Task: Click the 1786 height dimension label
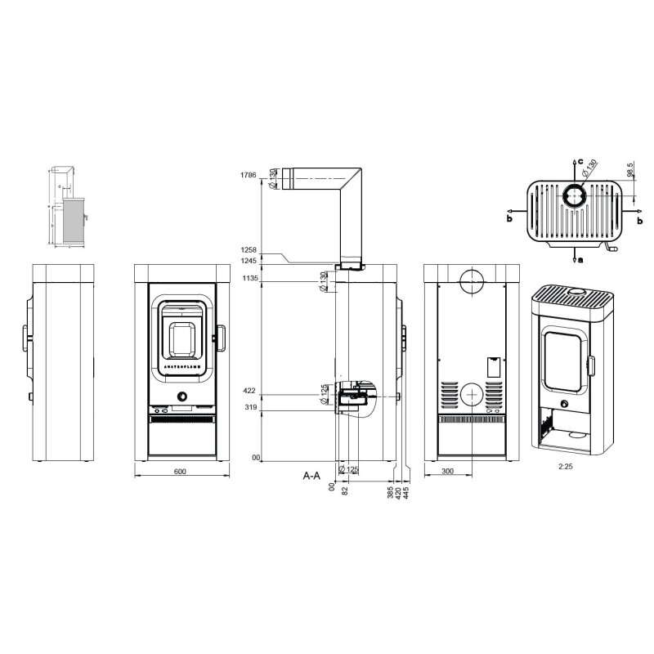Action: pos(249,175)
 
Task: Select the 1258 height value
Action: pos(249,250)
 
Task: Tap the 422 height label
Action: pos(250,392)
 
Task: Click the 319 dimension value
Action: pos(250,406)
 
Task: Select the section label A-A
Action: pos(311,474)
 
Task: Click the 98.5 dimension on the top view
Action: pos(629,169)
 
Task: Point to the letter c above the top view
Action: pos(580,162)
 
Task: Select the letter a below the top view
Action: pos(580,260)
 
